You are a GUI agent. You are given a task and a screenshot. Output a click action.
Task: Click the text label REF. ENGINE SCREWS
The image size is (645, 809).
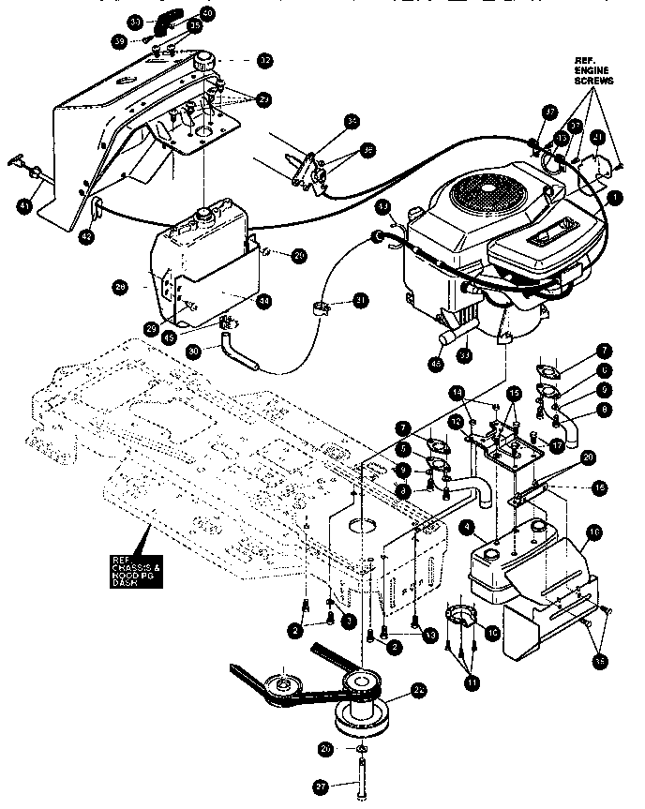pyautogui.click(x=593, y=70)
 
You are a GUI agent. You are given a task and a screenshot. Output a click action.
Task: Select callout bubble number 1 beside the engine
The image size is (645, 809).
pyautogui.click(x=615, y=198)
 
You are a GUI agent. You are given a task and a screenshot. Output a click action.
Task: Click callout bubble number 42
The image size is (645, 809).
pyautogui.click(x=86, y=238)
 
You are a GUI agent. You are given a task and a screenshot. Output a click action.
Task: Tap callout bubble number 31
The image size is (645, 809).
pyautogui.click(x=360, y=300)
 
